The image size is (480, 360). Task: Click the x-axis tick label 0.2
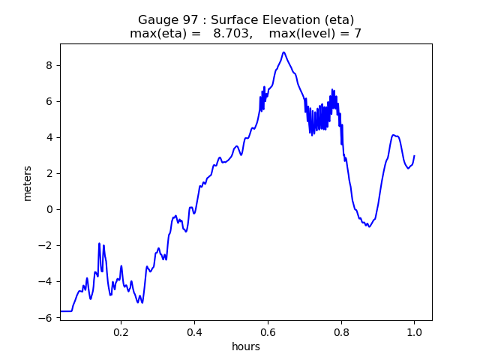coord(121,331)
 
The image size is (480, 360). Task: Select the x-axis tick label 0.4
coord(194,331)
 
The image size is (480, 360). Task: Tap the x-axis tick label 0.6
coord(268,331)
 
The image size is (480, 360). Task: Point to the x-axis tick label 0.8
coord(341,331)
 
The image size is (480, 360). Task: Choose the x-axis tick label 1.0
coord(414,331)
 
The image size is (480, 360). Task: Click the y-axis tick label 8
coord(49,65)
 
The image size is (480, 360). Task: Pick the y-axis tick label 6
coord(49,101)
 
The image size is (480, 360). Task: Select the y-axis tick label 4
coord(49,137)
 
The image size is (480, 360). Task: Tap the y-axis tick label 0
coord(49,209)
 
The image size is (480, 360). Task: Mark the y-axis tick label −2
coord(46,245)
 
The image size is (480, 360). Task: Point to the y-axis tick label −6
coord(46,317)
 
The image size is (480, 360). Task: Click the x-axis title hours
coord(246,347)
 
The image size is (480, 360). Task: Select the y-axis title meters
coord(28,183)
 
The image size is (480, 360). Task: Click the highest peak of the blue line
coord(283,52)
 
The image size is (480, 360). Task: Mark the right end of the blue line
coord(414,156)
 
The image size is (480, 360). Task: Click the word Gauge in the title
coord(156,20)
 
